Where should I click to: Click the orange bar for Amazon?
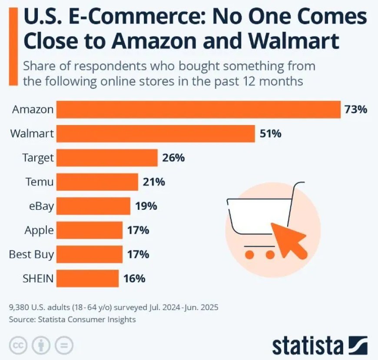(x=199, y=109)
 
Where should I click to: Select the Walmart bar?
(x=156, y=134)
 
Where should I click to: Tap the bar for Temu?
(x=97, y=182)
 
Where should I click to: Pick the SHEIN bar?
(x=87, y=278)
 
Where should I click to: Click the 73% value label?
(x=356, y=109)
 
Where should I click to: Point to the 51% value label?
(x=270, y=134)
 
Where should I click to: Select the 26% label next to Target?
(x=173, y=158)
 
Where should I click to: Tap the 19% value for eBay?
(x=146, y=206)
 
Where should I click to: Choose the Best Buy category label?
(x=31, y=254)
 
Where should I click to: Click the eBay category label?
(x=41, y=206)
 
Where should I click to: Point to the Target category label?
(x=38, y=158)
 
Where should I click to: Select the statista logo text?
(x=308, y=345)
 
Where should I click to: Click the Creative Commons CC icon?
(x=18, y=345)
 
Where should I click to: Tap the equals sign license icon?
(x=63, y=345)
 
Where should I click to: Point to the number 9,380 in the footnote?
(x=19, y=308)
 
